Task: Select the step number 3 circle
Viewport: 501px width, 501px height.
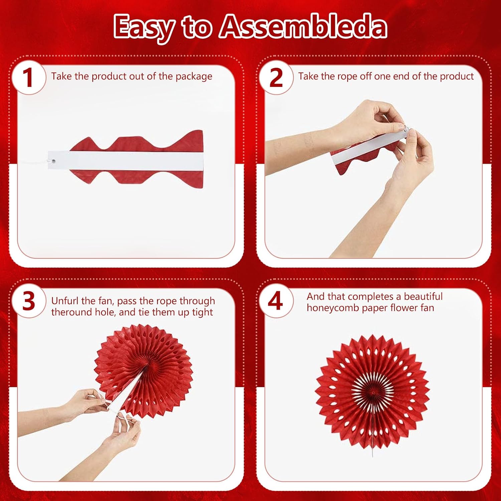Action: pos(29,301)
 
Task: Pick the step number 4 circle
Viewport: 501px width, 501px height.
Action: pos(276,301)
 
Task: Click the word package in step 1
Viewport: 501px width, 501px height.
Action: pos(194,77)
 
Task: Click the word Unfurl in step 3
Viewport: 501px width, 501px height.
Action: pos(65,301)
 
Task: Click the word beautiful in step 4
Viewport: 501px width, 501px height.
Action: pos(423,296)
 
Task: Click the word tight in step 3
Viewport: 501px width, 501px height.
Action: pos(202,313)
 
